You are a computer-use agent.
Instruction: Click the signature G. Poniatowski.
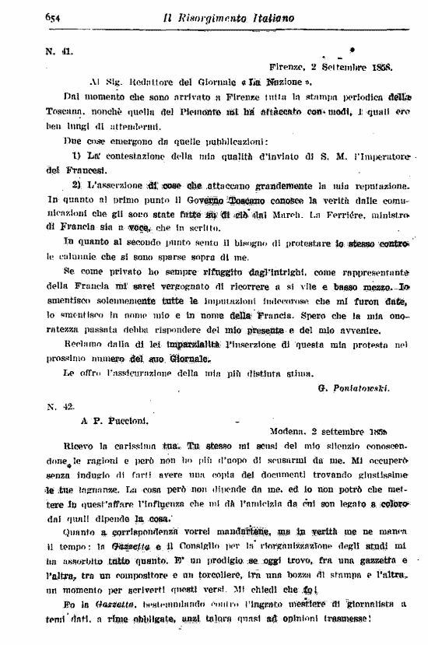pyautogui.click(x=354, y=387)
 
